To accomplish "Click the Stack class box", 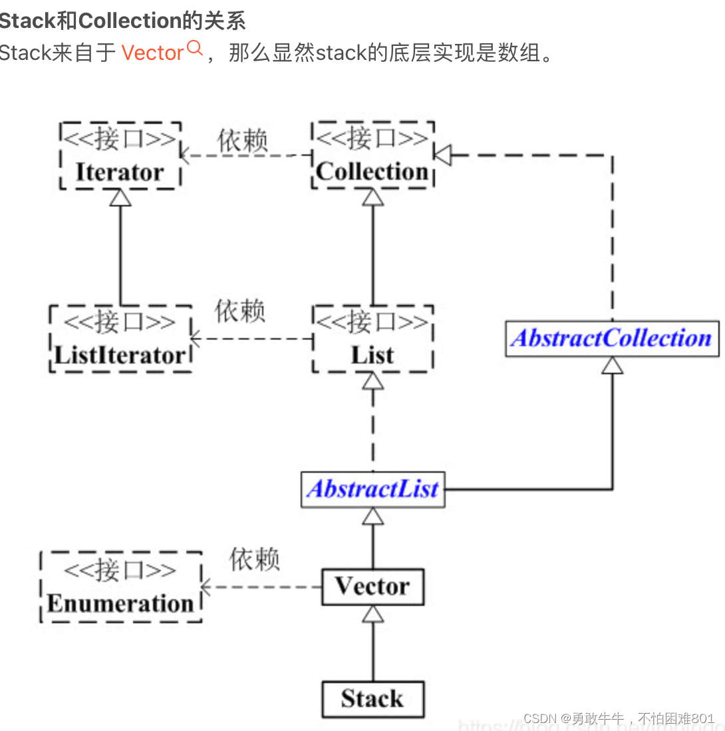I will click(372, 698).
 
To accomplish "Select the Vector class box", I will click(372, 587).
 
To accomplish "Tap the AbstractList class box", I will click(372, 489).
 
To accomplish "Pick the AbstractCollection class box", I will click(612, 338).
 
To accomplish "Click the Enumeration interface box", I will click(120, 587).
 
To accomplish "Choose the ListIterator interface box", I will click(120, 338).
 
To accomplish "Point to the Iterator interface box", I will click(120, 155).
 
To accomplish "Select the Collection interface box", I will click(372, 155).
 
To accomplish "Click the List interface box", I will click(372, 338).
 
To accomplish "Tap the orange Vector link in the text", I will click(152, 53).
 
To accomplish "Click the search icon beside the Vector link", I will click(195, 48).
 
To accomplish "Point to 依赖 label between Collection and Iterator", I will click(243, 140).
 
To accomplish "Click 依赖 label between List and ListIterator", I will click(240, 311).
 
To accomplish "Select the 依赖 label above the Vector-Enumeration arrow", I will click(254, 559).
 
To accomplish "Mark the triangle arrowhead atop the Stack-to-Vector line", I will click(373, 614).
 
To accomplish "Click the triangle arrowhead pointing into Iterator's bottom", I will click(120, 198).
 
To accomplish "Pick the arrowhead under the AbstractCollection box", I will click(613, 365).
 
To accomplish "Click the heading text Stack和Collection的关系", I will click(123, 21).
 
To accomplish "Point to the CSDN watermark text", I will click(619, 718).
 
